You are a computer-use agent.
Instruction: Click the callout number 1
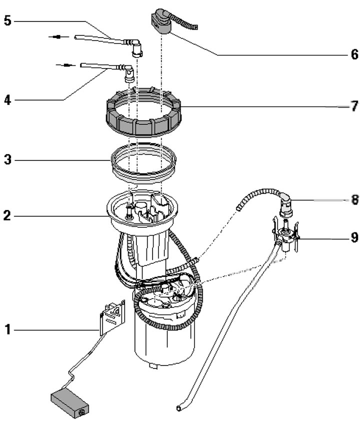pyautogui.click(x=7, y=329)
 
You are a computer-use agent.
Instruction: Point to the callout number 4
pyautogui.click(x=6, y=100)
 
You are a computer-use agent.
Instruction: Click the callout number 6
pyautogui.click(x=354, y=53)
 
